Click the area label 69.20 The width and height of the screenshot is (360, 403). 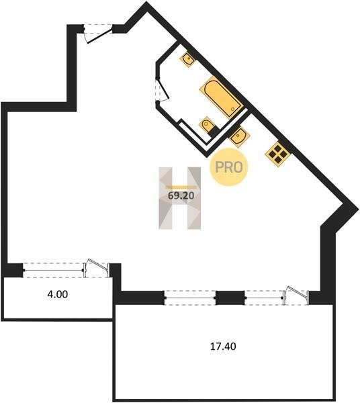181,196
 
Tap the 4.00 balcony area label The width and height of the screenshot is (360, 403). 58,294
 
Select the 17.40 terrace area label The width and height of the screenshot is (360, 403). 223,347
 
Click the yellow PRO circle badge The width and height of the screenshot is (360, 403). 228,167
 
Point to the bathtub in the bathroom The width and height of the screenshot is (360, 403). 221,97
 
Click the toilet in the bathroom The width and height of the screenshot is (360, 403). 206,125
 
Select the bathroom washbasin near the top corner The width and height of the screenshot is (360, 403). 188,59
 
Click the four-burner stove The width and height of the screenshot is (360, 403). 277,154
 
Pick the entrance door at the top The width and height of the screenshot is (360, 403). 97,34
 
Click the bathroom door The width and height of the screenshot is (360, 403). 162,89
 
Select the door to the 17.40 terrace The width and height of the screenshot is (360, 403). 296,296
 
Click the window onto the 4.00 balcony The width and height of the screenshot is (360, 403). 53,270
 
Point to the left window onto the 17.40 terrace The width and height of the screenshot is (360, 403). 189,298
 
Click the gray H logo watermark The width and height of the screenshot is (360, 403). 179,198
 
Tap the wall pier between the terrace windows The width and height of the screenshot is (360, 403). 230,298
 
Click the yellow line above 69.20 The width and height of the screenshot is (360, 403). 181,187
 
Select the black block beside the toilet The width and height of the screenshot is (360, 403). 213,131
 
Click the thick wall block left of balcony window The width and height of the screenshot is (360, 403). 12,270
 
